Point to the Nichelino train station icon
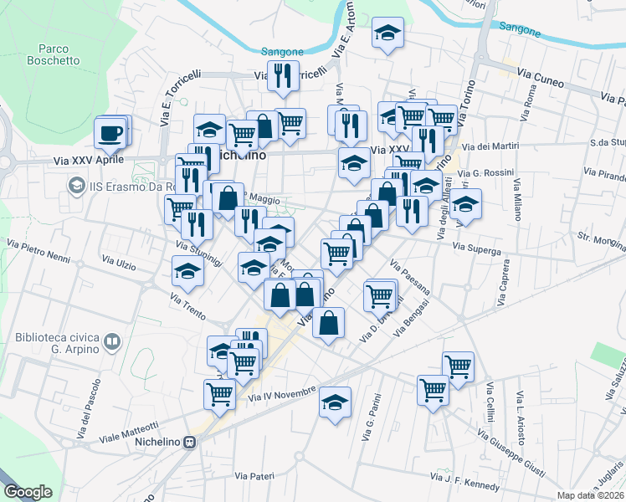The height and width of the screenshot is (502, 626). (191, 442)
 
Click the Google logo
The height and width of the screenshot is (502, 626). (28, 492)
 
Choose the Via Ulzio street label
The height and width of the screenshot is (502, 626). (118, 264)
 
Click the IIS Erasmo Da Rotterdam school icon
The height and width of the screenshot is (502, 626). (77, 184)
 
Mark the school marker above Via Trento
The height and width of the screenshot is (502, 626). (187, 270)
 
